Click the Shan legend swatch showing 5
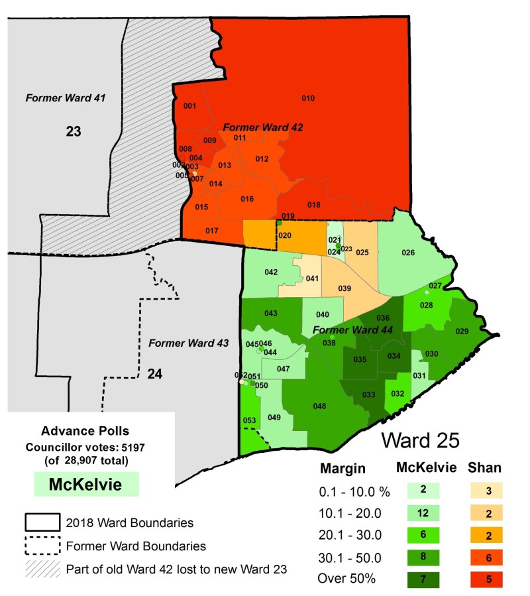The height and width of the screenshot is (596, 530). [488, 579]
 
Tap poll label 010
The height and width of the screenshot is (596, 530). [308, 99]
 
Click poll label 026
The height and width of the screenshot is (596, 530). [408, 253]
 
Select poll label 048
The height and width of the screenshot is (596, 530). [319, 406]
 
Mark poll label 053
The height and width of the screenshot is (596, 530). [249, 420]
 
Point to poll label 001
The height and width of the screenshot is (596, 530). [189, 106]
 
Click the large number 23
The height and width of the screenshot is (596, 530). [73, 131]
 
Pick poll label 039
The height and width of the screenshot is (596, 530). [344, 288]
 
